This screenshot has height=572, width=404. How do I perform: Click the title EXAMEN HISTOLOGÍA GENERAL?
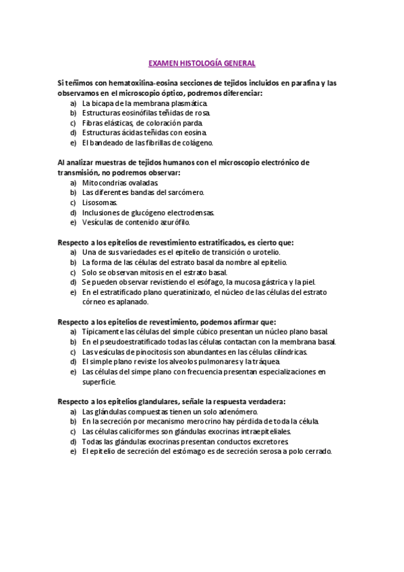pyautogui.click(x=202, y=63)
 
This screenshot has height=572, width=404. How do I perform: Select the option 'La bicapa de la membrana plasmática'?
pyautogui.click(x=144, y=103)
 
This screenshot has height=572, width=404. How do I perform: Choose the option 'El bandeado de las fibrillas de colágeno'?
pyautogui.click(x=147, y=142)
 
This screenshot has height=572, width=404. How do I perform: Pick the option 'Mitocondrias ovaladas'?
pyautogui.click(x=120, y=183)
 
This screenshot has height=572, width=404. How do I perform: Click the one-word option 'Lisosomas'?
pyautogui.click(x=99, y=202)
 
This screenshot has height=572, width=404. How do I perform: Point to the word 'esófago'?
pyautogui.click(x=206, y=282)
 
